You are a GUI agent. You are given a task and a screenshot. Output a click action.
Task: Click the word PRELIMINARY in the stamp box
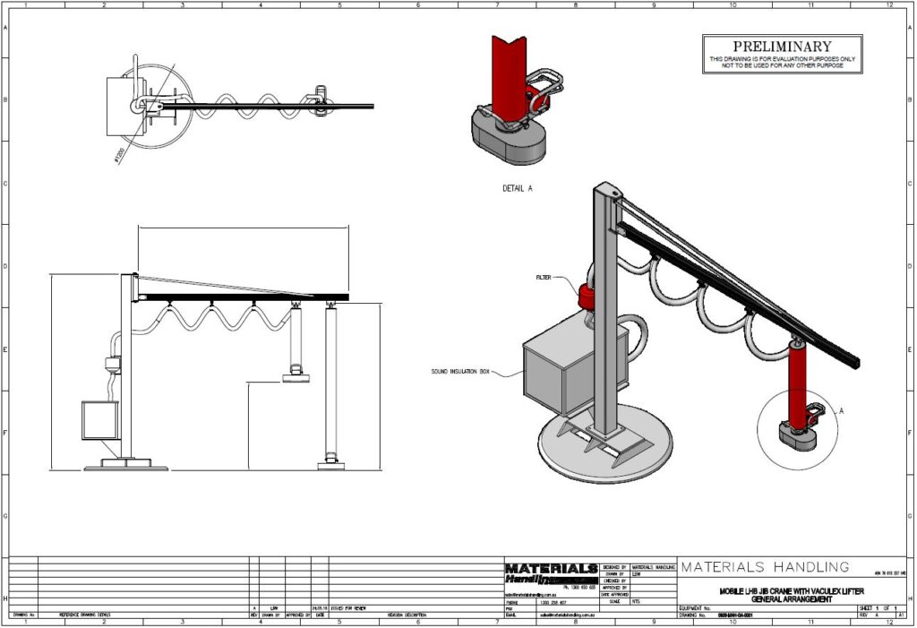point(782,46)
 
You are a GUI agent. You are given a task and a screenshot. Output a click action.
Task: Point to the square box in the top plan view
point(120,106)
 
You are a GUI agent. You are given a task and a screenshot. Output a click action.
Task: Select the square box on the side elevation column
point(99,420)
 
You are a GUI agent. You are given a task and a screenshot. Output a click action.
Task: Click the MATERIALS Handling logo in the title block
point(550,573)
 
